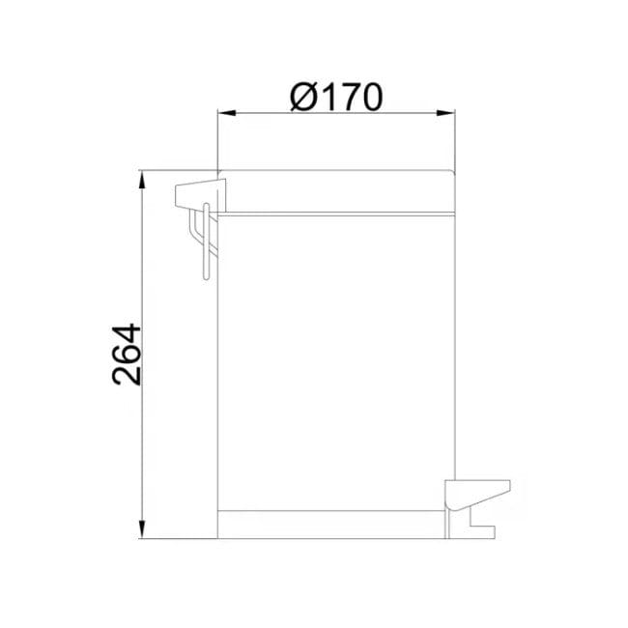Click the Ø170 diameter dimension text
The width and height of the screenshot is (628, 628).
click(x=336, y=96)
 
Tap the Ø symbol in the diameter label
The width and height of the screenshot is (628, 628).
click(x=303, y=96)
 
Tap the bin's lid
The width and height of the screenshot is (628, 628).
click(x=336, y=191)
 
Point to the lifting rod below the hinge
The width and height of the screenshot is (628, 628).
click(x=204, y=246)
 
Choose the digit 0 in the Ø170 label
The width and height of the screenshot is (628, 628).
click(x=368, y=96)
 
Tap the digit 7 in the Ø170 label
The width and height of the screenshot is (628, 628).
click(x=344, y=96)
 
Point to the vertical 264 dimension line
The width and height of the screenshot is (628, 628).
click(x=143, y=290)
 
